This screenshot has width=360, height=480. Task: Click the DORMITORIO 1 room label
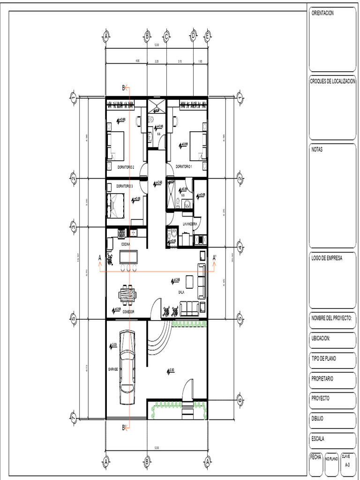tap(184, 167)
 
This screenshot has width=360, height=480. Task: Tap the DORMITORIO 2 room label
tap(126, 167)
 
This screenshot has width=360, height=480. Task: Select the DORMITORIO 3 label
tap(125, 186)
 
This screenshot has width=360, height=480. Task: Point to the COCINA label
tap(126, 244)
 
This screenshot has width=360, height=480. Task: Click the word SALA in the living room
tap(181, 292)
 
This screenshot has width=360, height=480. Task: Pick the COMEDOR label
tap(128, 311)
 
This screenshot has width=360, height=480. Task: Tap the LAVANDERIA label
tap(190, 225)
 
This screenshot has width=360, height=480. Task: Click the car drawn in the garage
tap(127, 367)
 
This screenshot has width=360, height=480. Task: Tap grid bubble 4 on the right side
tap(240, 247)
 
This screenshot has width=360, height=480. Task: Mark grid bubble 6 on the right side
tap(240, 401)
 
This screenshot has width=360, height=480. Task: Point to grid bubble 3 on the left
tap(73, 227)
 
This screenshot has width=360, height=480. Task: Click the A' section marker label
tap(215, 258)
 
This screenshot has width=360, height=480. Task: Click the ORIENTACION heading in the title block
tap(322, 13)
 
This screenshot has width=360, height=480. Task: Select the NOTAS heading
tap(317, 150)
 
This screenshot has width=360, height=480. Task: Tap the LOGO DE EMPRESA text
tap(327, 258)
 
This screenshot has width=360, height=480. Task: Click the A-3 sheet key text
tap(347, 465)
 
